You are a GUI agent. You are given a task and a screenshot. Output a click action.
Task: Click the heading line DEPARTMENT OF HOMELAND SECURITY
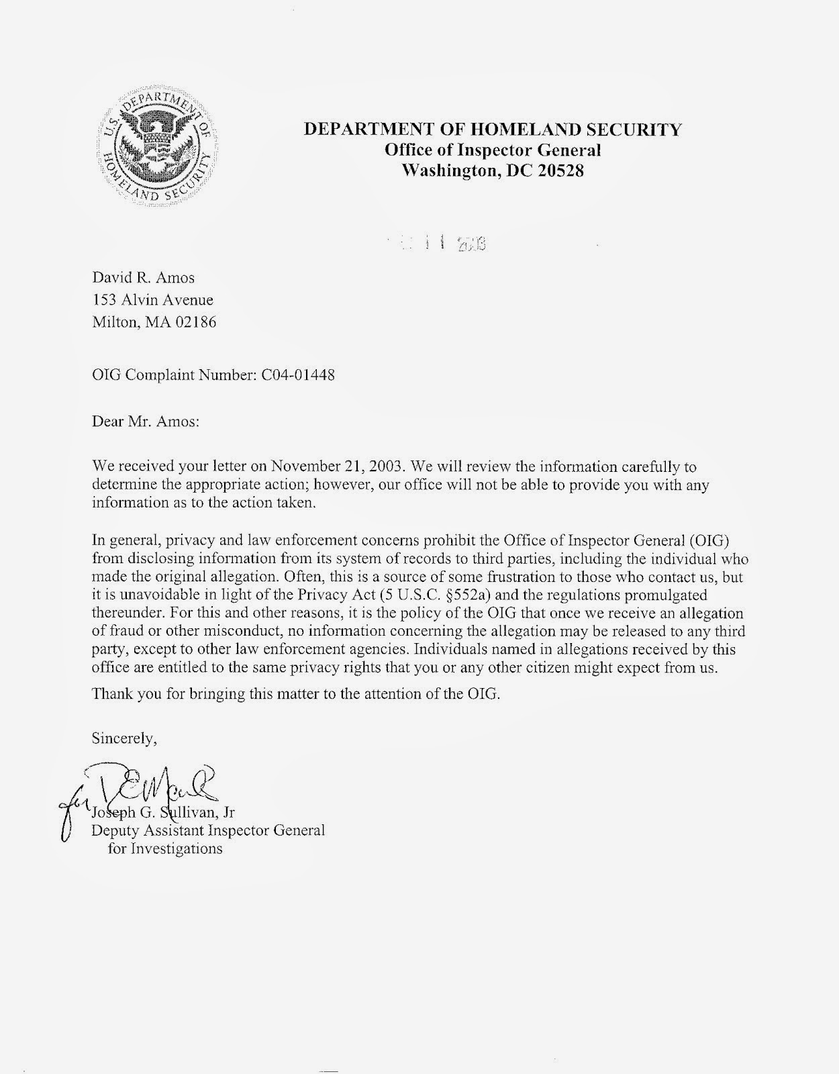[493, 130]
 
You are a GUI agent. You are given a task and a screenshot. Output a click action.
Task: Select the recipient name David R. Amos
[143, 277]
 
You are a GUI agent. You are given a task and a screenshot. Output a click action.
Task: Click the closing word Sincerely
[124, 739]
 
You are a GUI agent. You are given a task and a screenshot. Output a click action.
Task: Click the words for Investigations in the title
[165, 848]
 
